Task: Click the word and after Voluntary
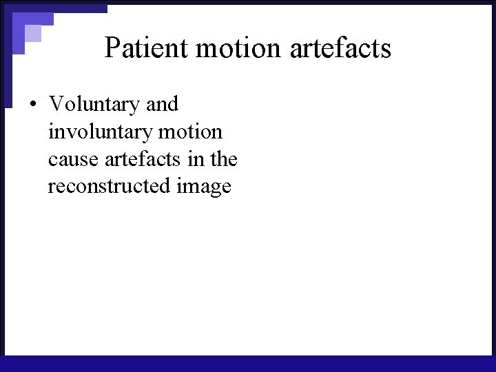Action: (163, 105)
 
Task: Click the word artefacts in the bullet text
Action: (144, 160)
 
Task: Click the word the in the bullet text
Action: (225, 160)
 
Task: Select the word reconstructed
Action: (106, 187)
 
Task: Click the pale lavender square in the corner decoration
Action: (32, 33)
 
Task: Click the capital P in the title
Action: (112, 48)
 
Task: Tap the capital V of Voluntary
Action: (56, 105)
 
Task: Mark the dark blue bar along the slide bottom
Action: (248, 364)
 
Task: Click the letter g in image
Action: (212, 189)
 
